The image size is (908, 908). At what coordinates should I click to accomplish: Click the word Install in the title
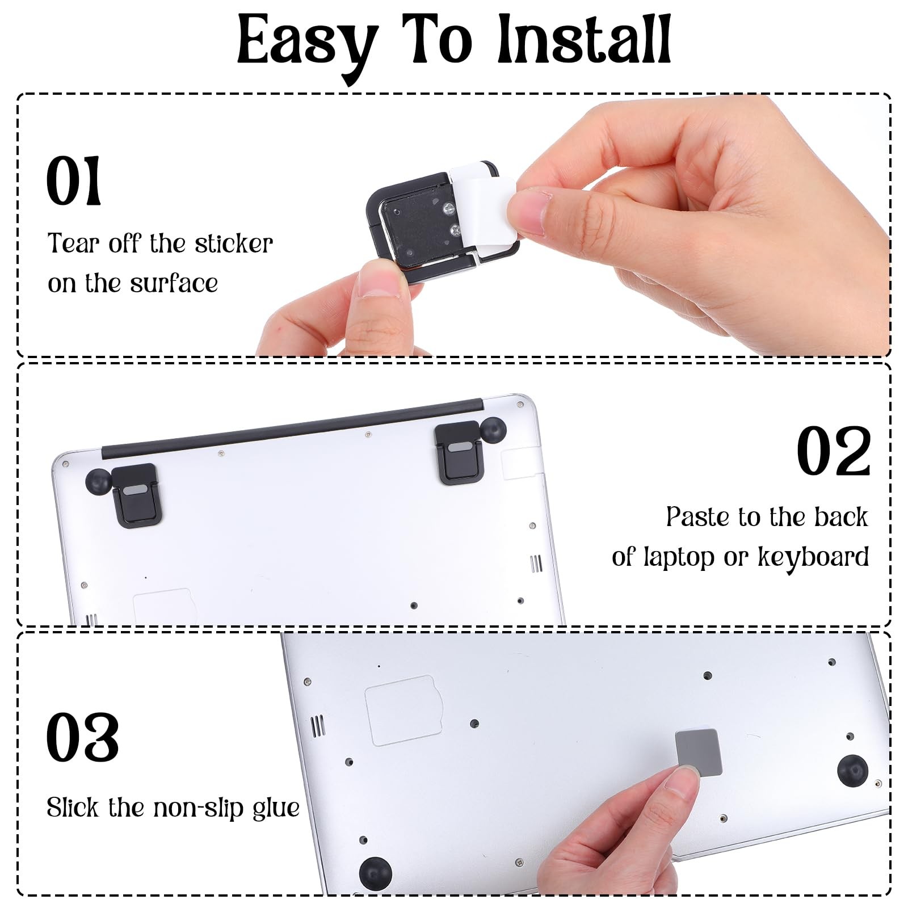tap(585, 40)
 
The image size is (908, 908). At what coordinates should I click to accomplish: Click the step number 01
tap(74, 181)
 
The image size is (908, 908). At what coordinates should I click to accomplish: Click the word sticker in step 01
tap(234, 244)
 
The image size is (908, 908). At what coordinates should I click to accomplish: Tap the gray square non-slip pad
tap(699, 752)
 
